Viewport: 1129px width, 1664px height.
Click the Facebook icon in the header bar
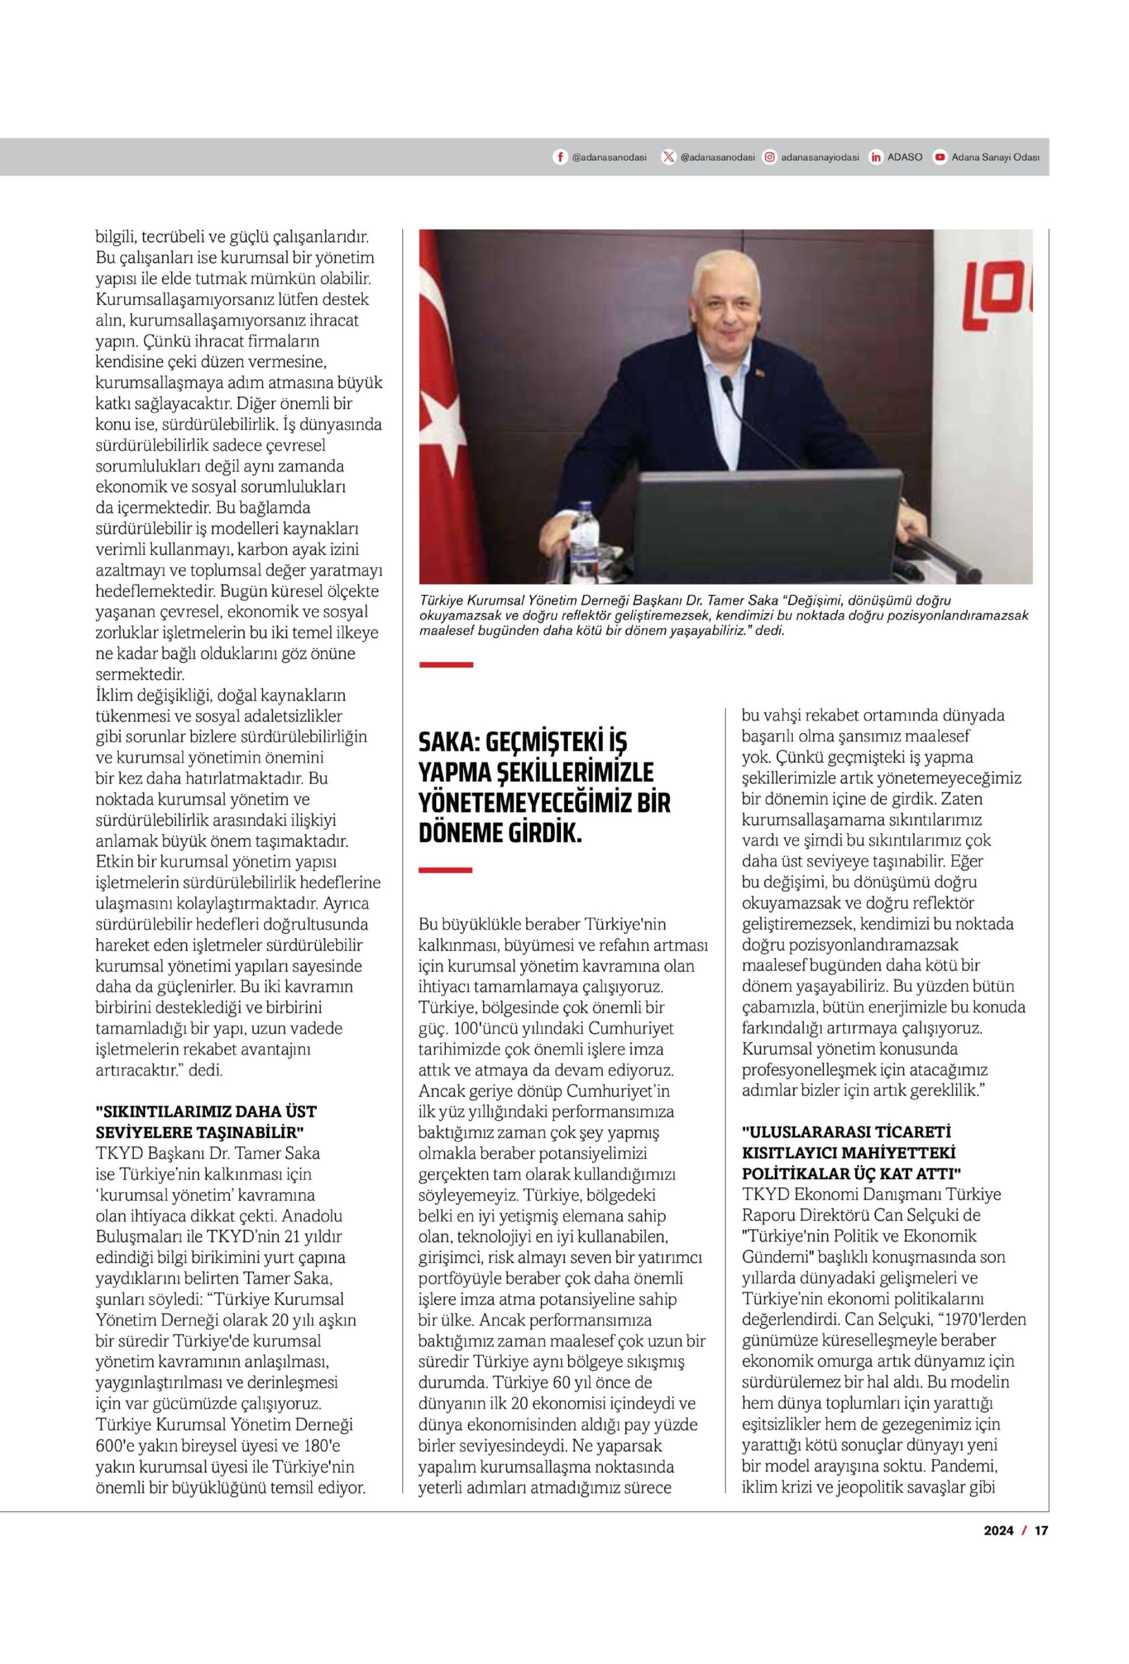click(x=560, y=157)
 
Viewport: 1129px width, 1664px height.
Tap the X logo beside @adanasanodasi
click(x=668, y=157)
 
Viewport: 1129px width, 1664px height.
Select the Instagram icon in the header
click(x=769, y=157)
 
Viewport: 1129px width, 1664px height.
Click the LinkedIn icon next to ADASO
click(x=876, y=157)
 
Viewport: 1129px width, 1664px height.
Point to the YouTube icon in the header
click(x=939, y=157)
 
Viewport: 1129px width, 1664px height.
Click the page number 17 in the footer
click(x=1041, y=1531)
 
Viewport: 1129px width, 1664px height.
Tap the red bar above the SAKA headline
click(x=446, y=665)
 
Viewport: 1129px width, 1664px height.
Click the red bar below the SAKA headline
click(x=445, y=870)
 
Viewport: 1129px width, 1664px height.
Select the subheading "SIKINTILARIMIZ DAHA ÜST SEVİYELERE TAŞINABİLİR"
click(x=206, y=1122)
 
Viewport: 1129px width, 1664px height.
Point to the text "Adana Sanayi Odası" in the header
click(x=994, y=157)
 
